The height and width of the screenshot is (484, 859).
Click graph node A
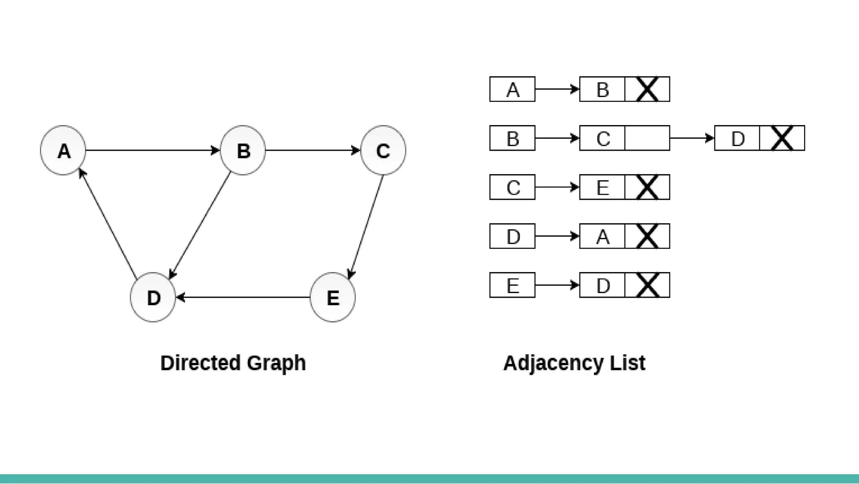[63, 150]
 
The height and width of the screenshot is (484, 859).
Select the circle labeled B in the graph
[243, 150]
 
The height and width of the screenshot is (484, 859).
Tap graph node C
[383, 150]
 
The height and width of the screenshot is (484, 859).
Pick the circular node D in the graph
[153, 297]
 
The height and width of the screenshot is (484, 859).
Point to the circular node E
[333, 297]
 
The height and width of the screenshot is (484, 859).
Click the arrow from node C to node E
[366, 227]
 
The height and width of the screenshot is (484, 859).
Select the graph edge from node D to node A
[108, 224]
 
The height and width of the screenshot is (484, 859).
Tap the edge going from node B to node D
[200, 225]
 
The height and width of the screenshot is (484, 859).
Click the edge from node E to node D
[243, 297]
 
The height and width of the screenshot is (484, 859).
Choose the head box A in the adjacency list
[512, 89]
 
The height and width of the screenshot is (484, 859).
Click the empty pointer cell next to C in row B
[647, 138]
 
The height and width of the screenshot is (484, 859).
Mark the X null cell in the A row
[647, 89]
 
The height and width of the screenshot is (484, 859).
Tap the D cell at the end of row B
[737, 138]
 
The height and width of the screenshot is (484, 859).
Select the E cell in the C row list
[602, 187]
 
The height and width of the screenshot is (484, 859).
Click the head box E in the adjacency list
[512, 285]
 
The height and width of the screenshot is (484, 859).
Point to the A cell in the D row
[602, 236]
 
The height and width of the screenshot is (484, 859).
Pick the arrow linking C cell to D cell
[692, 138]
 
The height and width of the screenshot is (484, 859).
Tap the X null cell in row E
[647, 285]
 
